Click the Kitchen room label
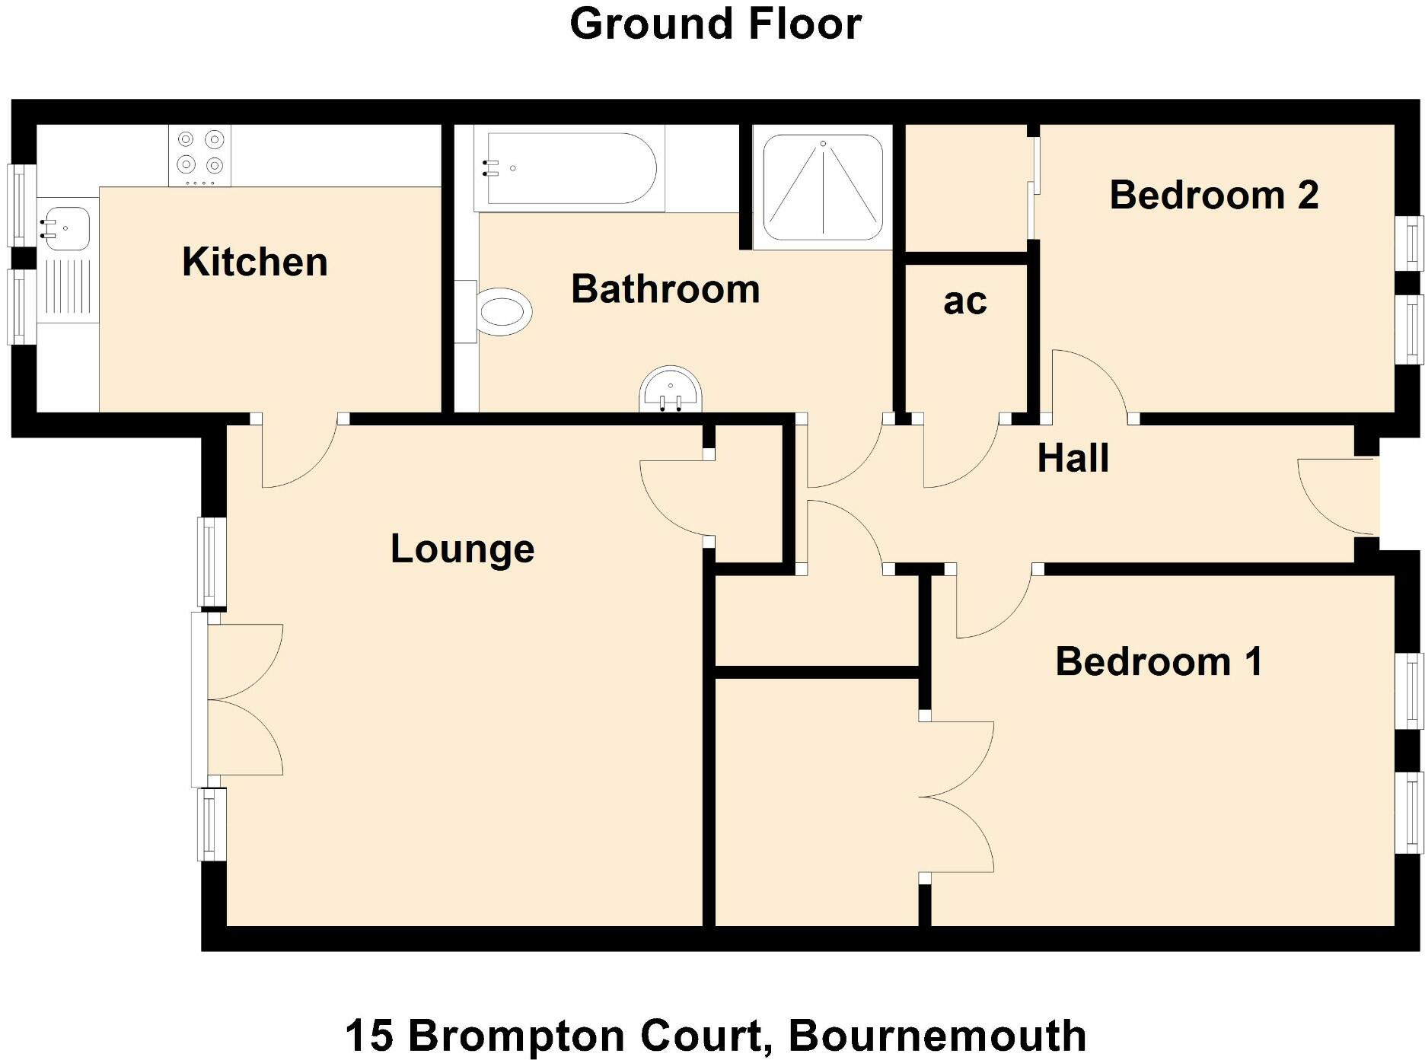[255, 262]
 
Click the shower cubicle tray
[823, 187]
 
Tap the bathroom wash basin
[670, 390]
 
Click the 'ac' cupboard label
[964, 301]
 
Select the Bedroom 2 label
[1213, 195]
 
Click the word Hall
[1073, 458]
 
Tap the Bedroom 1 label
[1159, 661]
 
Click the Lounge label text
[462, 549]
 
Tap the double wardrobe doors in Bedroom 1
[958, 797]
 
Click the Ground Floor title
[715, 24]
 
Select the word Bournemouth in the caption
[936, 1036]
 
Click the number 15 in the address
[368, 1036]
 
